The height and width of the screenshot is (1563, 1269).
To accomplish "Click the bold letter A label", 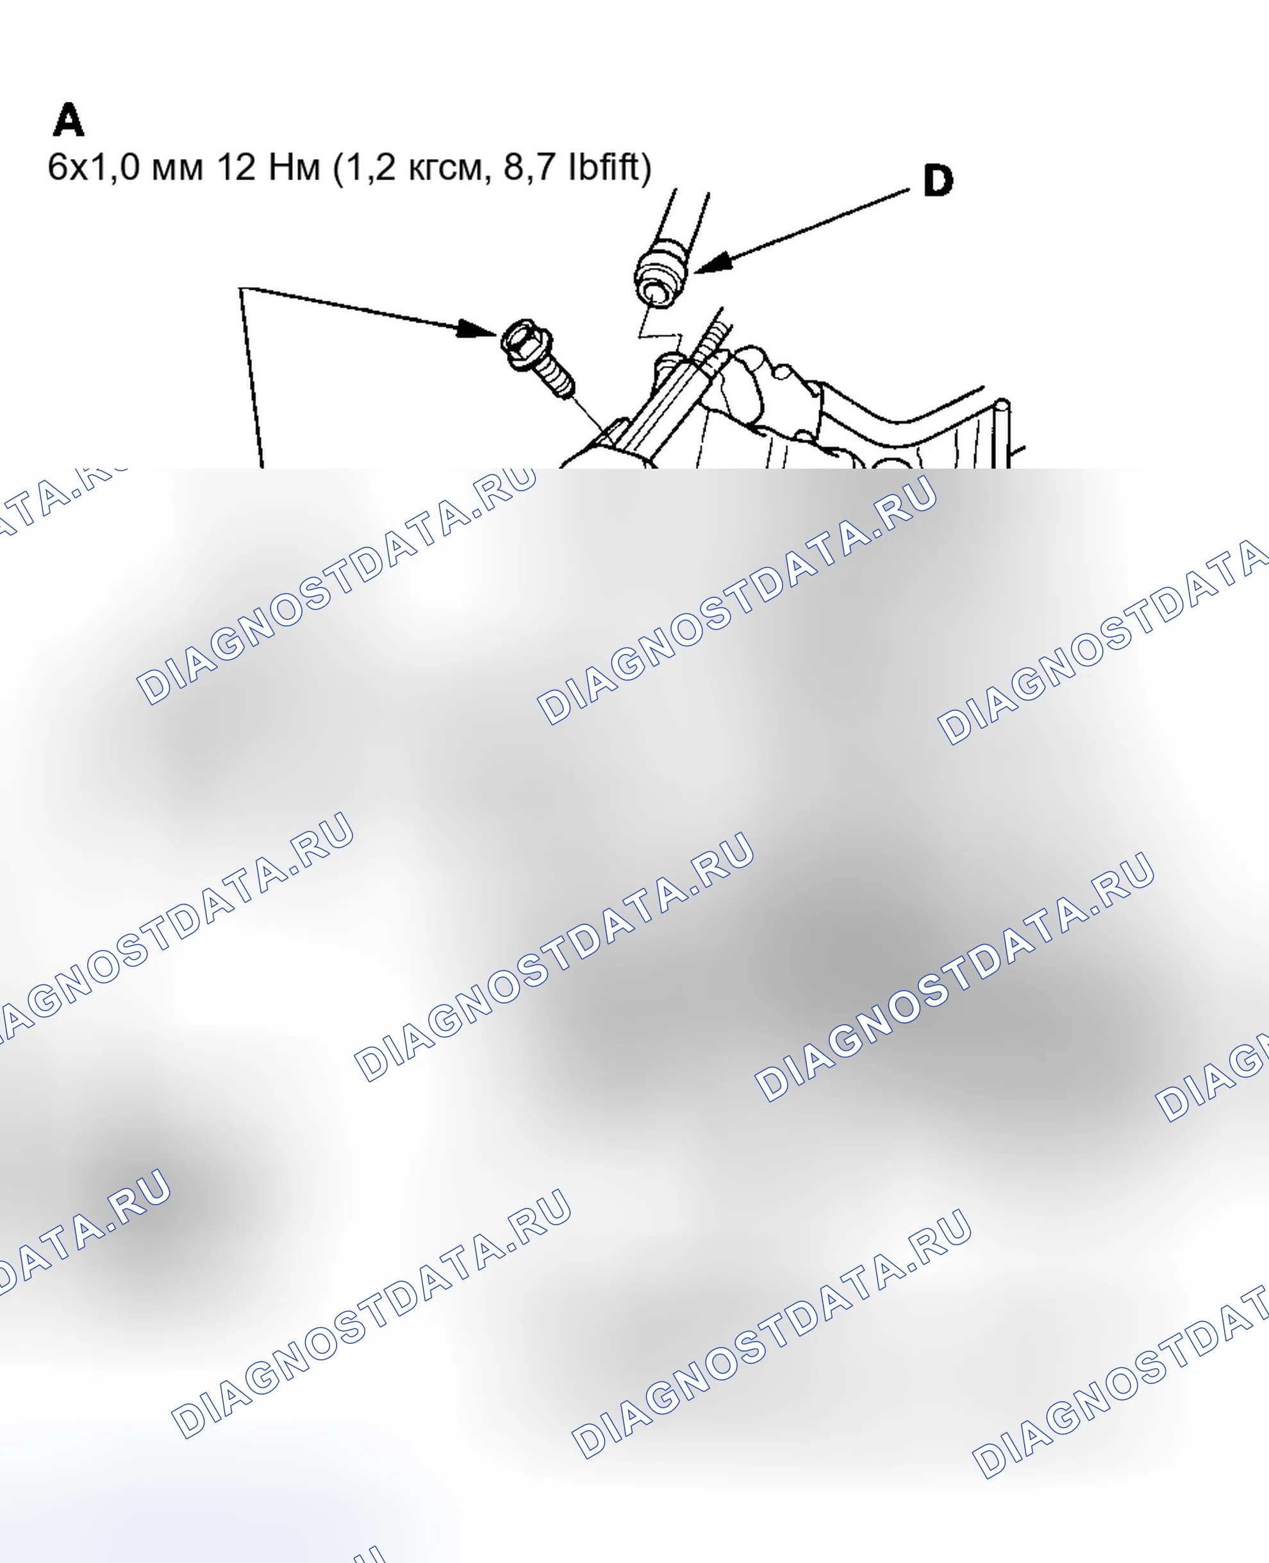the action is (69, 120).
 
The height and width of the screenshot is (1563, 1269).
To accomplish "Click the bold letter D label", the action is (938, 180).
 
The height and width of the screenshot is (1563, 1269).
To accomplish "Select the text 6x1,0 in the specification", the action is (94, 167).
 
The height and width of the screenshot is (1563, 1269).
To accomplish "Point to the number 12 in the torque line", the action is (236, 167).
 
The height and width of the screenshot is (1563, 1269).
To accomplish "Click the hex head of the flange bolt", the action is (526, 343).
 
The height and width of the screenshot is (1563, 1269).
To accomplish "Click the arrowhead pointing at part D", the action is (713, 263).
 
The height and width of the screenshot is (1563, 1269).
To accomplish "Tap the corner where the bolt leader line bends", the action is (240, 288).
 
